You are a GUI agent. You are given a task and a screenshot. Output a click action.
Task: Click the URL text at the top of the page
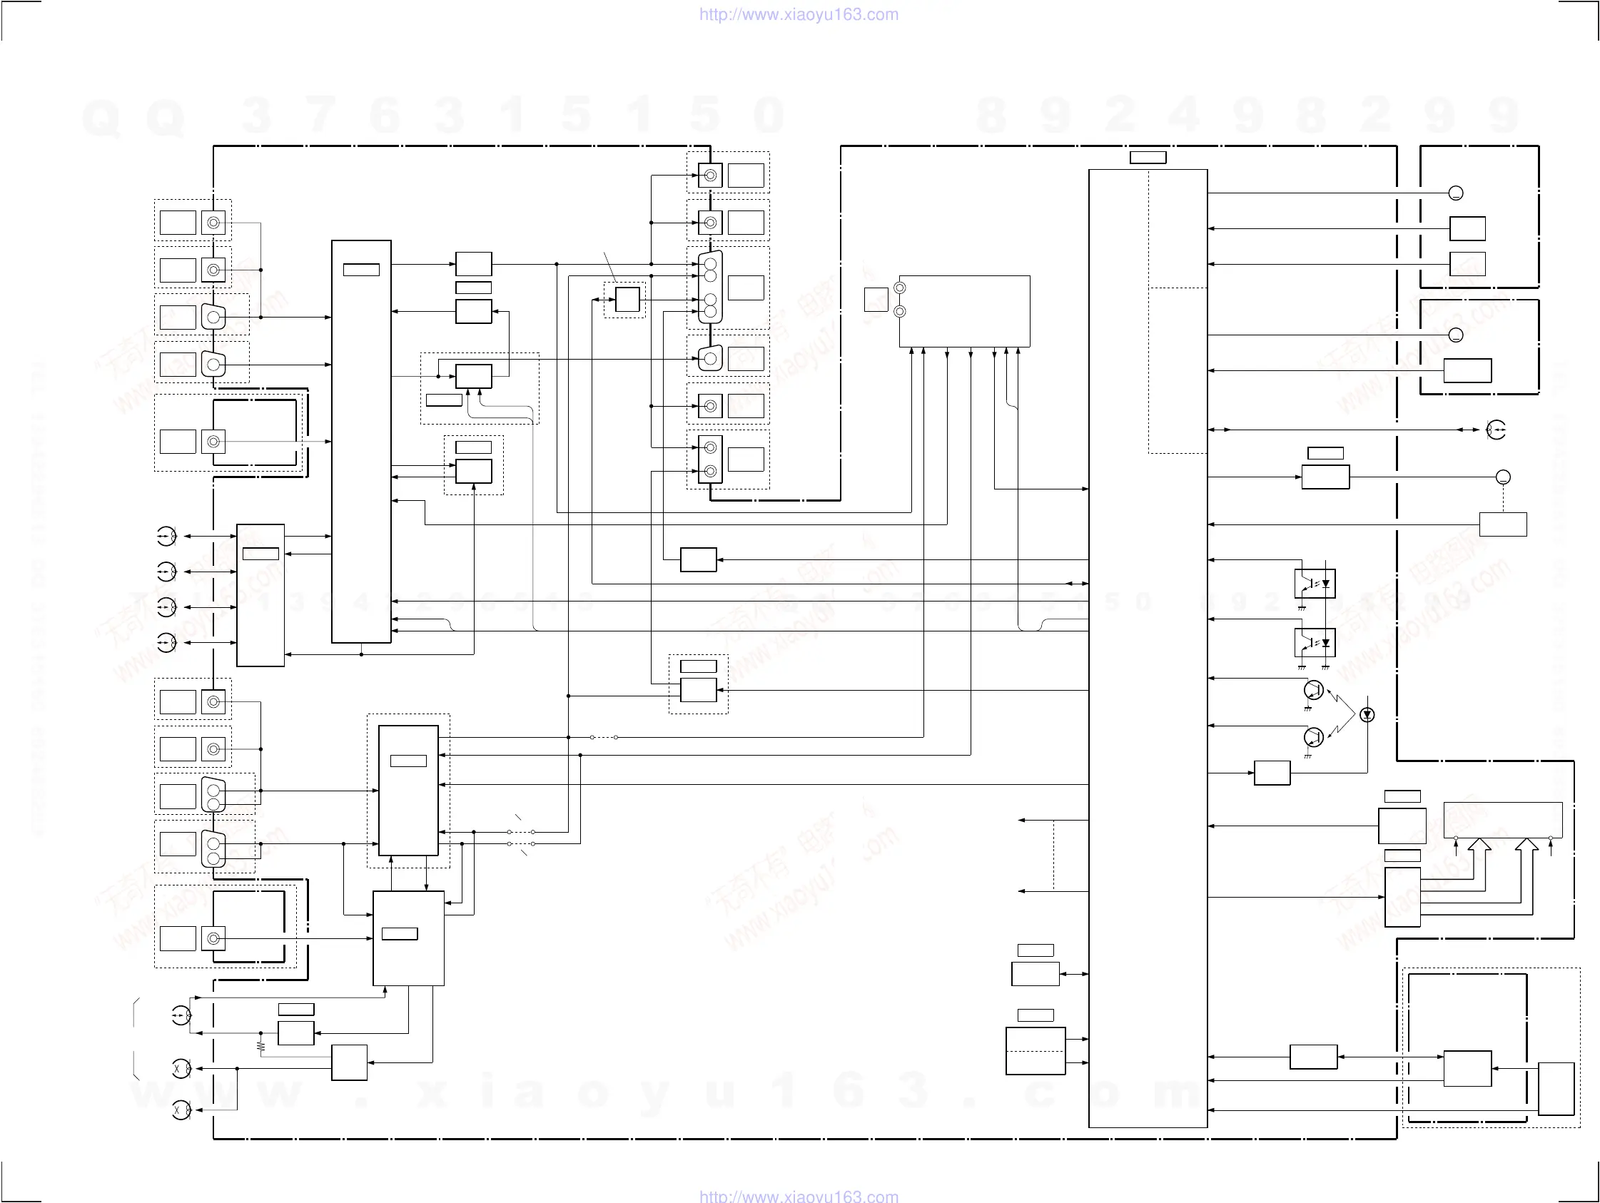coord(799,14)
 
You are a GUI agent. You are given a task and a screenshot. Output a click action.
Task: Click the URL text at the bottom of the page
coord(799,1196)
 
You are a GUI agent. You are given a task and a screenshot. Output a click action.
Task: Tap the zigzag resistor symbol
coord(260,1046)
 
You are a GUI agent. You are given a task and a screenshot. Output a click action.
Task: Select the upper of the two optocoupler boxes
coord(1315,583)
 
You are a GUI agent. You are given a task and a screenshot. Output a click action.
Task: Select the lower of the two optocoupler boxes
coord(1315,642)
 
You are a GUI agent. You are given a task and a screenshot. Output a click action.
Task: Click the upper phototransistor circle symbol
coord(1313,690)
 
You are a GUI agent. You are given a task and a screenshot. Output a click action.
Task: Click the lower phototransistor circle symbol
coord(1313,737)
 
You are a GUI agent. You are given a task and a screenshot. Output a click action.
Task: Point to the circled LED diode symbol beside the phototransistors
coord(1367,715)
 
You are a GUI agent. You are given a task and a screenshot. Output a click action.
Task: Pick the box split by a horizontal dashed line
coord(1035,1050)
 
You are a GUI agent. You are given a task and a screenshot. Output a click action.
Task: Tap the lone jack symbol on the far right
coord(1495,430)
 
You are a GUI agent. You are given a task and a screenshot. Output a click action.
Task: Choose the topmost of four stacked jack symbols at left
coord(166,536)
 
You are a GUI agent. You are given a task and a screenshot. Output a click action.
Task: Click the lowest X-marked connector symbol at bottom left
coord(181,1110)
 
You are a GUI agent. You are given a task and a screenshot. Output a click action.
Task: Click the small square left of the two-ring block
coord(876,300)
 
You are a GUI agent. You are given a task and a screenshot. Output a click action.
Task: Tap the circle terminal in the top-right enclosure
coord(1456,193)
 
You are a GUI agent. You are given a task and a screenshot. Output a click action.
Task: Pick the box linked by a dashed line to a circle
coord(1503,524)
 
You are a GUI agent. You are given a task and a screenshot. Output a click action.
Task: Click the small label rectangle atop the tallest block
coord(1148,158)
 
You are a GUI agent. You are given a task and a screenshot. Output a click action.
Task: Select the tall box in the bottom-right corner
coord(1556,1089)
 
